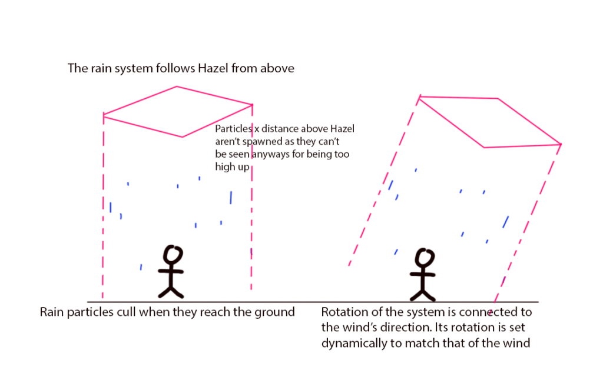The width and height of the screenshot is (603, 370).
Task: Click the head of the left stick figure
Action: coord(173,254)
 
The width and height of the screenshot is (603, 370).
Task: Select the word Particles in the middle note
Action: coord(233,129)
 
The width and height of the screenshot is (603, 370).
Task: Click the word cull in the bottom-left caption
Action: coord(126,312)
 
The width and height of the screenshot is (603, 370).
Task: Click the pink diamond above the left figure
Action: coord(178,112)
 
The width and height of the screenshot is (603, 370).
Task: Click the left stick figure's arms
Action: coord(171,271)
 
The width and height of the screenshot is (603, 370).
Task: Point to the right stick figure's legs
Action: coord(423,293)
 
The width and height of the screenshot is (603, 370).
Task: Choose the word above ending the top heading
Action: coord(276,68)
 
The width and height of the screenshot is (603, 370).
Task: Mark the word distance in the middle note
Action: coord(279,129)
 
